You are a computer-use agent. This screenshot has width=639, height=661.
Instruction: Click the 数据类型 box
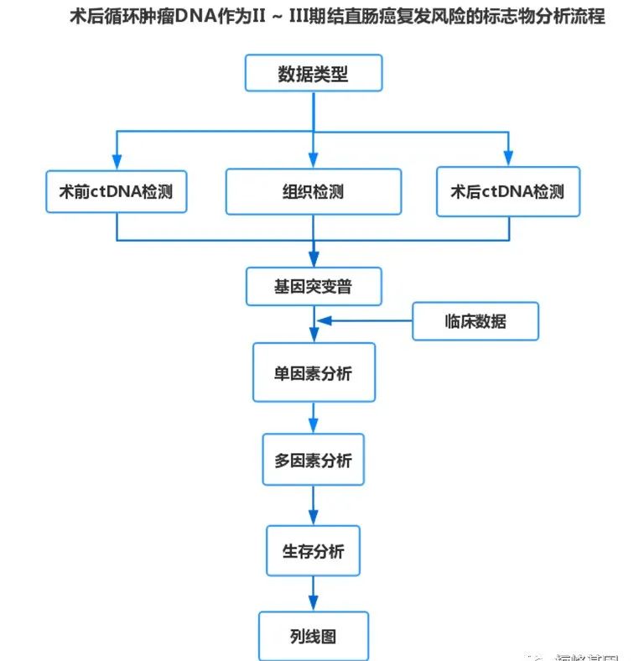313,74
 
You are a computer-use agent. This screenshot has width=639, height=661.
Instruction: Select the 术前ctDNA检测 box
116,191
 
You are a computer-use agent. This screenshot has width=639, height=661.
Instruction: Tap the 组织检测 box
312,191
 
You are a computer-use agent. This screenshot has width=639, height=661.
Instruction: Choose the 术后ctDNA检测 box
507,191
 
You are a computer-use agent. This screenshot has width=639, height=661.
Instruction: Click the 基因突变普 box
313,287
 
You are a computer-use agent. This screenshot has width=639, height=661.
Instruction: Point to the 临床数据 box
475,320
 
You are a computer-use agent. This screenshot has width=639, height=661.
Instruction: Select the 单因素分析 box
313,372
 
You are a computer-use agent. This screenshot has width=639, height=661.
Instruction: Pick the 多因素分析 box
313,460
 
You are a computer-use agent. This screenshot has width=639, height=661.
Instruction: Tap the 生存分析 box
313,551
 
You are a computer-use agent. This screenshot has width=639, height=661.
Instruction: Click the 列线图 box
313,637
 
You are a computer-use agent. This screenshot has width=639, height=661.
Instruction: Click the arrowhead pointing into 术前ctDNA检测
116,161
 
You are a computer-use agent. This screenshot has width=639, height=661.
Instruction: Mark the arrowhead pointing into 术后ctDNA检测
507,161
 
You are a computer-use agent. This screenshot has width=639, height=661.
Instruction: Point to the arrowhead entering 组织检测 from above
313,161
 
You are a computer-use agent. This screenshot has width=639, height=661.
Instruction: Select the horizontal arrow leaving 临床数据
364,320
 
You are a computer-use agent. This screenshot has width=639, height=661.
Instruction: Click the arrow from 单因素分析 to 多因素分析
313,417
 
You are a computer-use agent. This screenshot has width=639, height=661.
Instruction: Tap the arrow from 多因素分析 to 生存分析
313,506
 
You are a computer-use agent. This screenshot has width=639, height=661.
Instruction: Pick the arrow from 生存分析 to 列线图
313,595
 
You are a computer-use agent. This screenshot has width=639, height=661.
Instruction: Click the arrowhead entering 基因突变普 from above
313,259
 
